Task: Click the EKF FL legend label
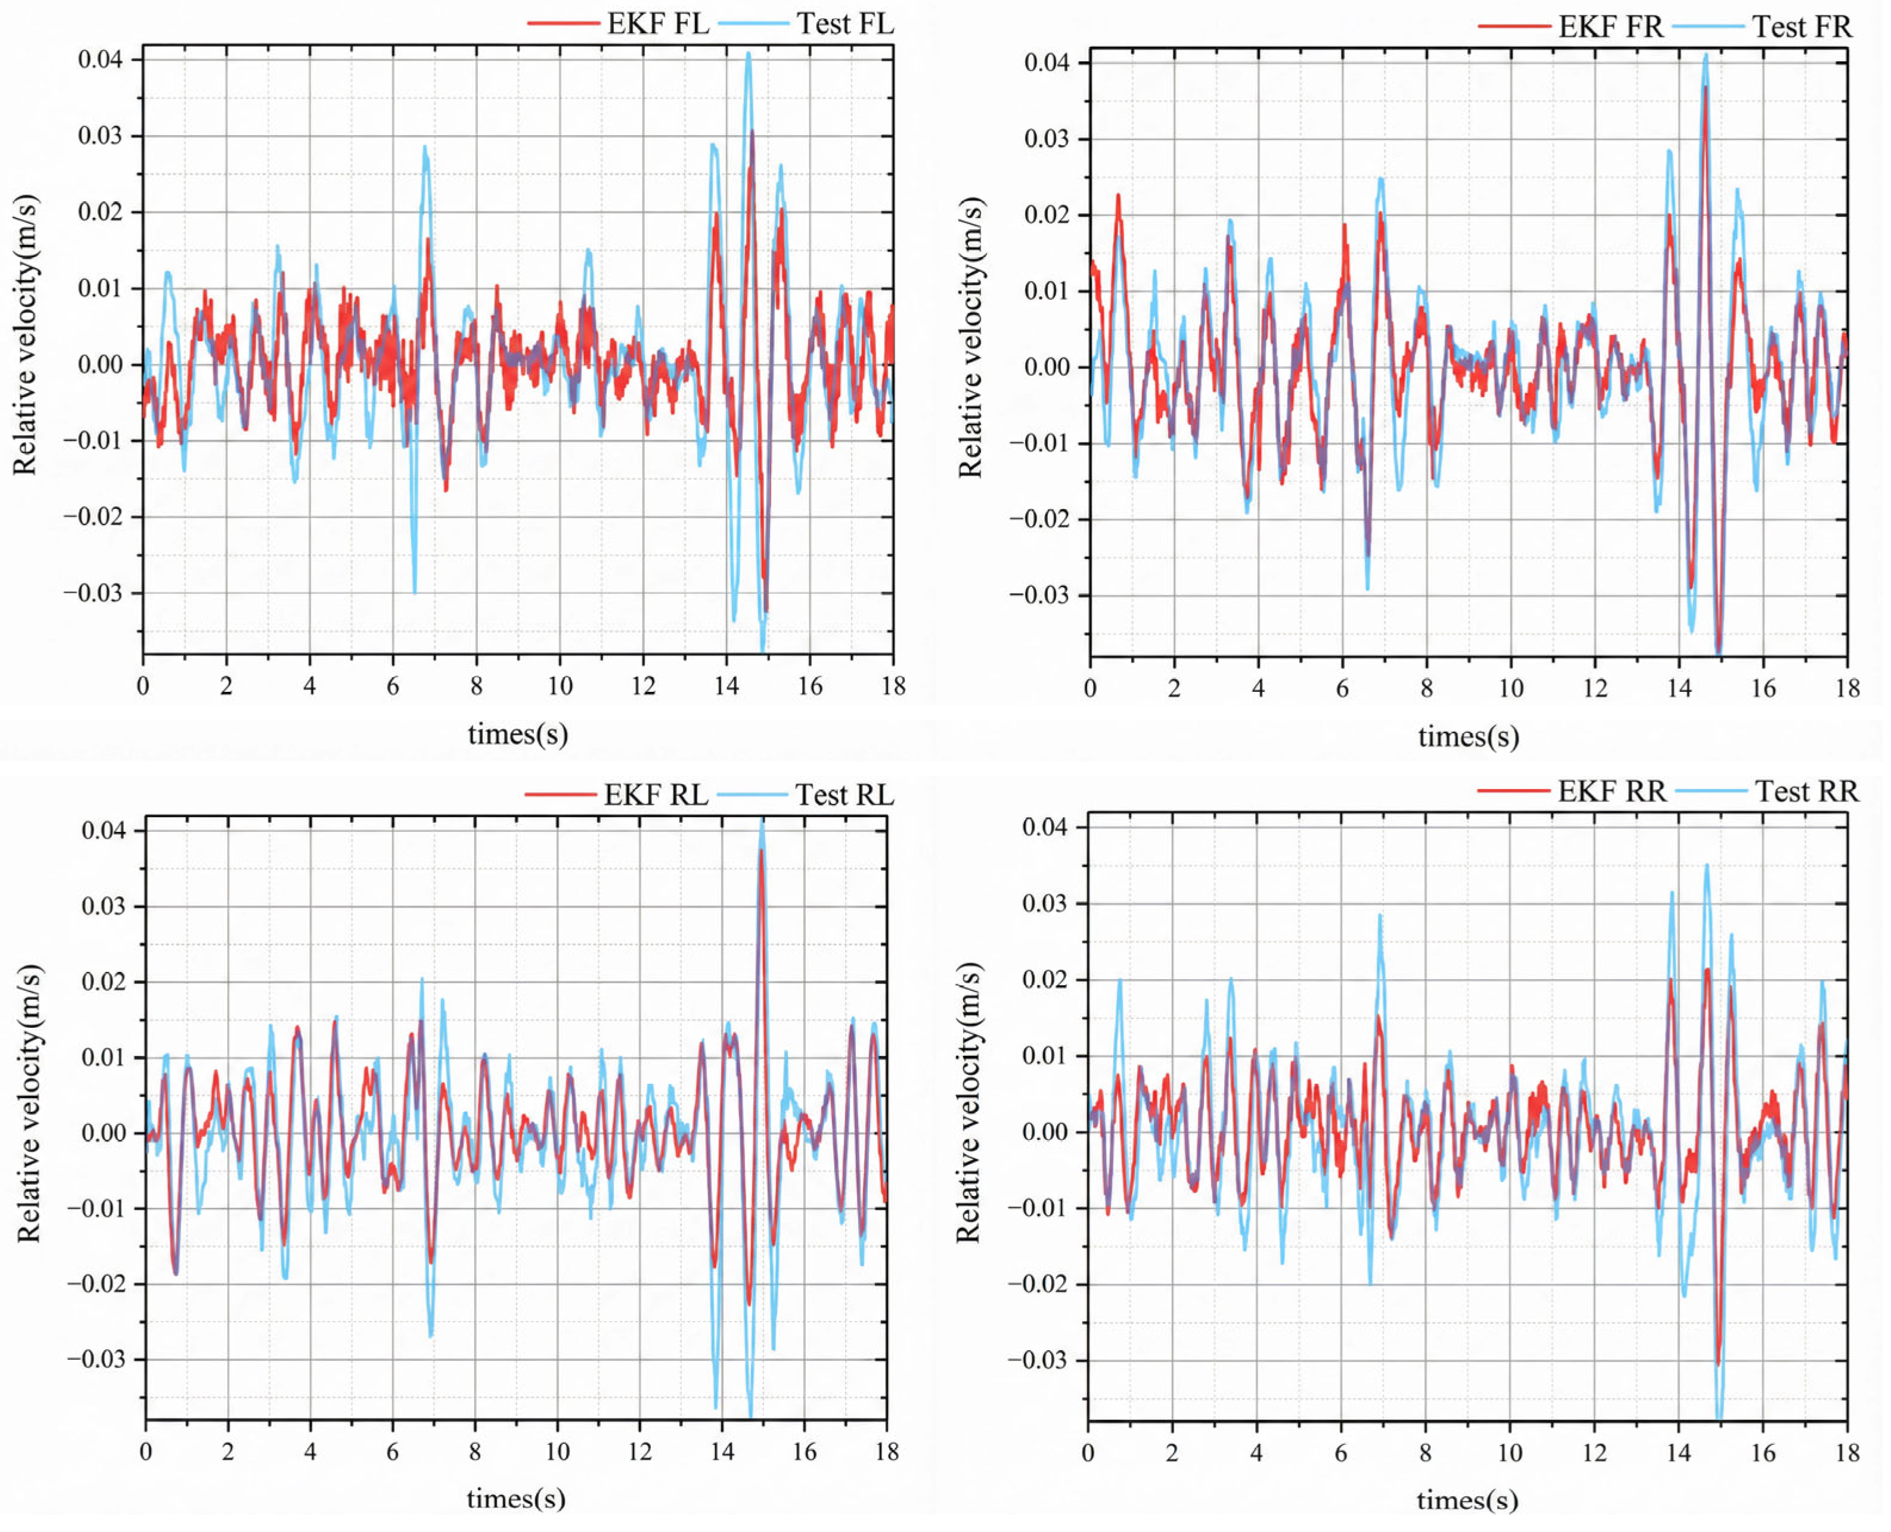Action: tap(657, 24)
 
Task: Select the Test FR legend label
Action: tap(1801, 27)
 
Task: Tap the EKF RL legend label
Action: tap(655, 795)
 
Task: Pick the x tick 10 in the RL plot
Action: tap(557, 1452)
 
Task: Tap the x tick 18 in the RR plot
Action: tap(1847, 1453)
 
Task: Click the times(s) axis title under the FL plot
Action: tap(517, 734)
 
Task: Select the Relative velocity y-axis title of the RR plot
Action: tap(969, 1103)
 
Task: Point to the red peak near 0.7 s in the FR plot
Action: tap(1118, 196)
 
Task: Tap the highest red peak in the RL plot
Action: tap(760, 852)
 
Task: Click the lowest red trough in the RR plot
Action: tap(1718, 1363)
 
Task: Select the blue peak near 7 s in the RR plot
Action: tap(1379, 916)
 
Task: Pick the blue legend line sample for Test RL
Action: tap(752, 795)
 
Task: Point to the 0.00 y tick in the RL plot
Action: tap(103, 1133)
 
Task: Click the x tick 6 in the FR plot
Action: tap(1342, 688)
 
